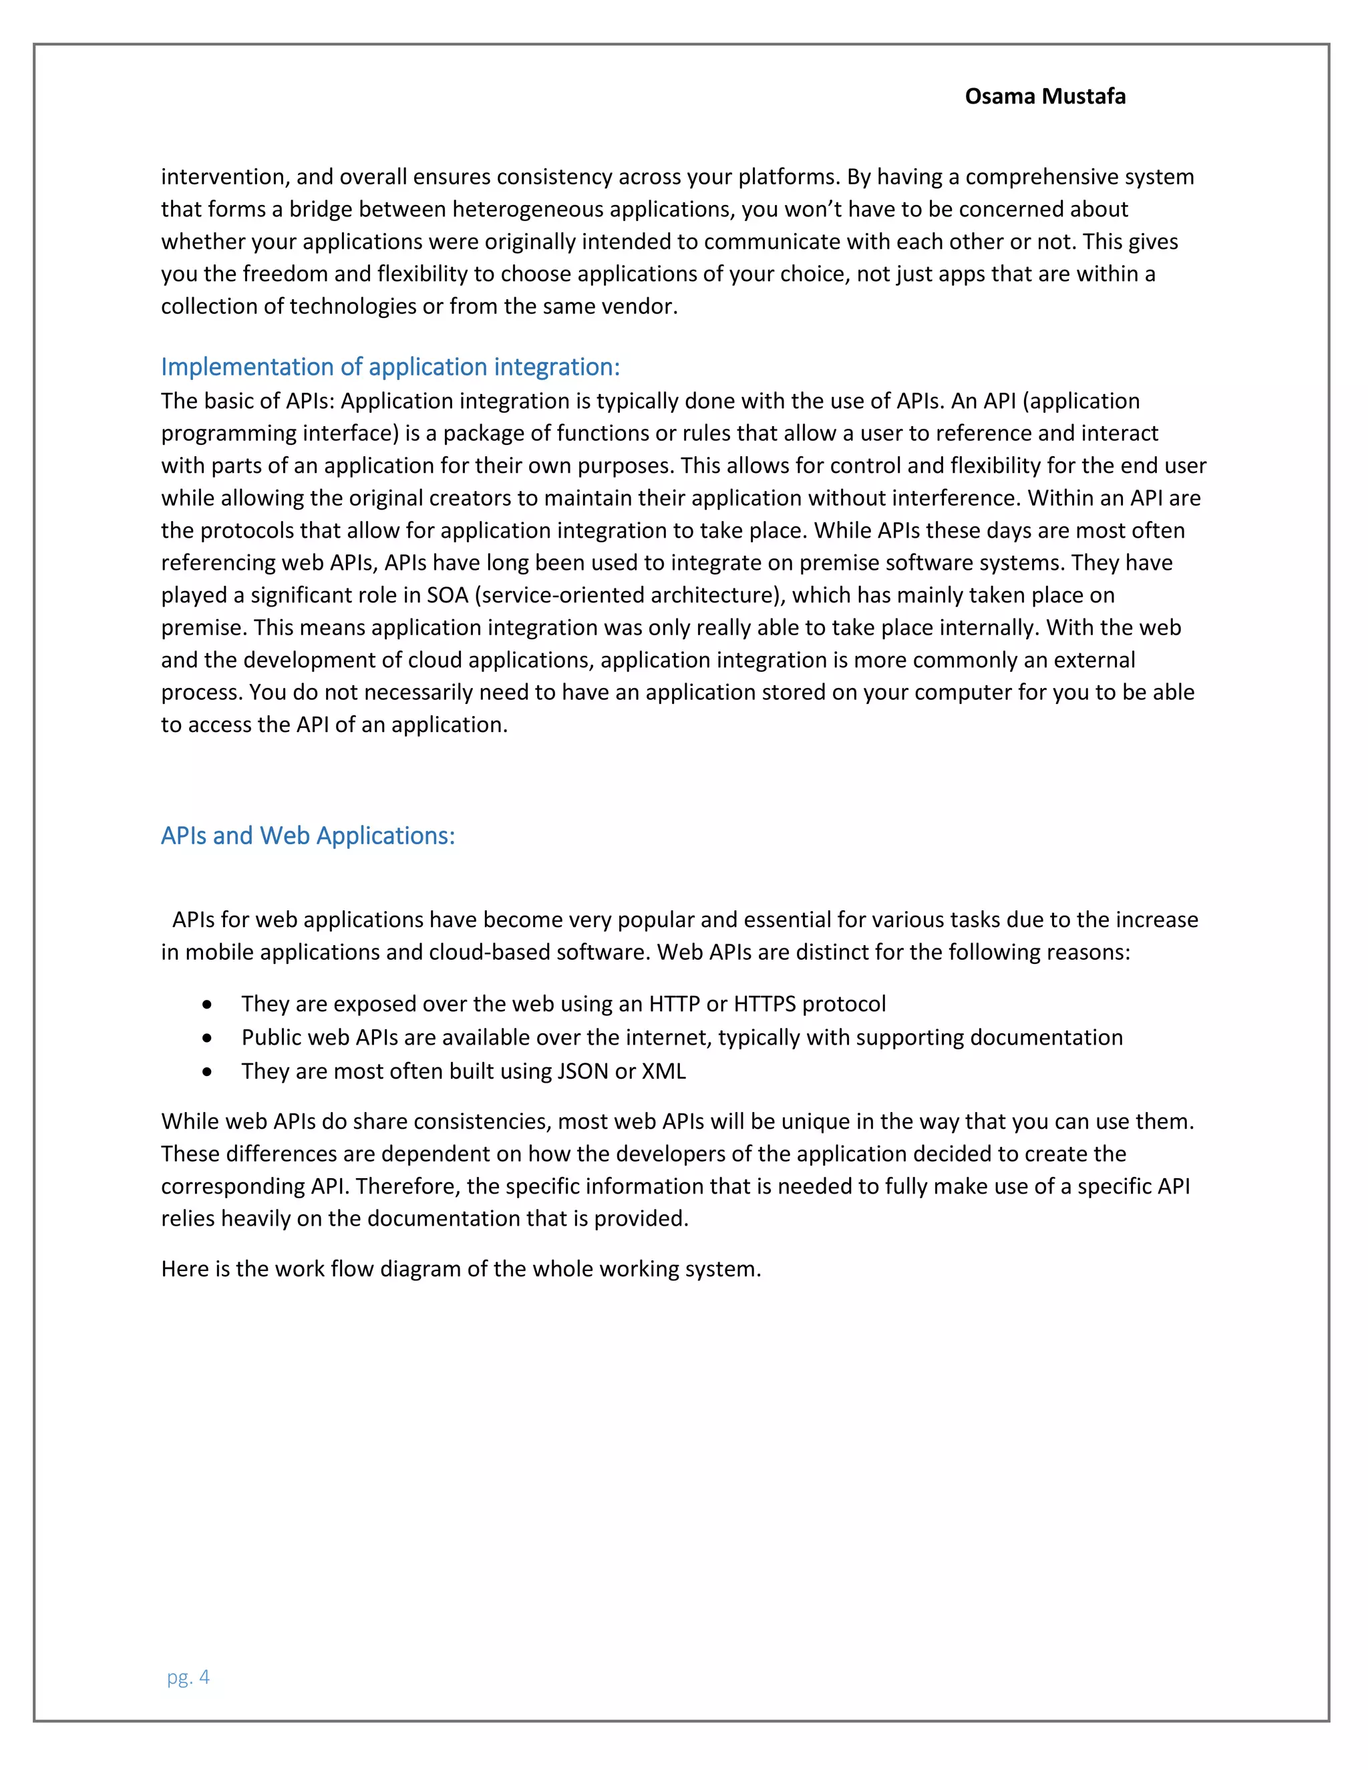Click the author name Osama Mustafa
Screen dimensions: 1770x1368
click(1045, 96)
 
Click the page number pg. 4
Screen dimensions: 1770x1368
click(188, 1676)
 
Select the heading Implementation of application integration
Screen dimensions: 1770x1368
click(390, 367)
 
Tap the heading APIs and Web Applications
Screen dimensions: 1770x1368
click(307, 836)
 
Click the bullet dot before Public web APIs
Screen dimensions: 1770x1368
click(208, 1038)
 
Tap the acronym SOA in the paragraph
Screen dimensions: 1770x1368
click(448, 595)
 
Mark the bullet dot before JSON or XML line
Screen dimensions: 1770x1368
click(208, 1072)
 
